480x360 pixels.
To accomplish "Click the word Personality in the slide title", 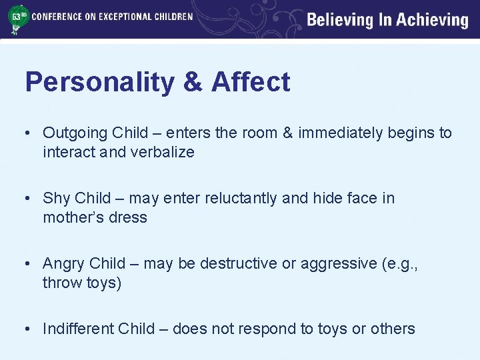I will pos(99,83).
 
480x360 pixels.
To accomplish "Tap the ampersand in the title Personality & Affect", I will pos(192,83).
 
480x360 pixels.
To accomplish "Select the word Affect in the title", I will pos(251,83).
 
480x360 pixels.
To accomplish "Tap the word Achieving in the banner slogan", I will pos(433,20).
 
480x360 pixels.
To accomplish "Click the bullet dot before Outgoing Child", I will pos(29,133).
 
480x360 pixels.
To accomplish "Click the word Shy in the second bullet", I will pos(57,198).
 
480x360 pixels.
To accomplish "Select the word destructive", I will pos(237,263).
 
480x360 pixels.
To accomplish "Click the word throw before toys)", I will pos(63,283).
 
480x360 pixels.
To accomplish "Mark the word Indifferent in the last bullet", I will pos(78,329).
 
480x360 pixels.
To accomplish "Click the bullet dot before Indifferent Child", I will pos(29,329).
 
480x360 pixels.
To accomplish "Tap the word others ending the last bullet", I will pos(393,329).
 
